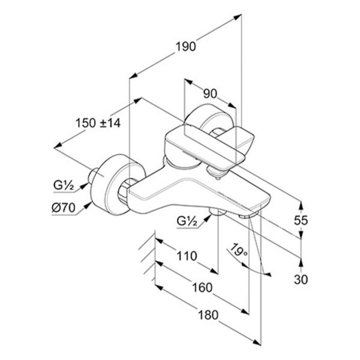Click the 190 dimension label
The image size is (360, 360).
tap(186, 47)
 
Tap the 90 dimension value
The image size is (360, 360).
tap(210, 94)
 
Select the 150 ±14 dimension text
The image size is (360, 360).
tap(98, 123)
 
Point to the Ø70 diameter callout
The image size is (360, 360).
tap(64, 208)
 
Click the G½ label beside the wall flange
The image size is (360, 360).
tap(64, 185)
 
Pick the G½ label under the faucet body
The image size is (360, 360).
tap(187, 221)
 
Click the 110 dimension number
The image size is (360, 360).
tap(187, 256)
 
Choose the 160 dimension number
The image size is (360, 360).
tap(202, 287)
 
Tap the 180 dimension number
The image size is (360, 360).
tap(208, 315)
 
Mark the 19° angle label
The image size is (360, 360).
tap(239, 250)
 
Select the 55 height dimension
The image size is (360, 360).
tap(301, 220)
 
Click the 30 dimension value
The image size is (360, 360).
tap(301, 280)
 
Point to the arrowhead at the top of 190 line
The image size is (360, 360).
tap(238, 17)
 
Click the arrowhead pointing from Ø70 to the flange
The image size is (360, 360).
tap(87, 205)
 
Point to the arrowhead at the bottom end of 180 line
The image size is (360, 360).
tap(257, 342)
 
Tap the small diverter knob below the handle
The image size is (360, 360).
tap(218, 177)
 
